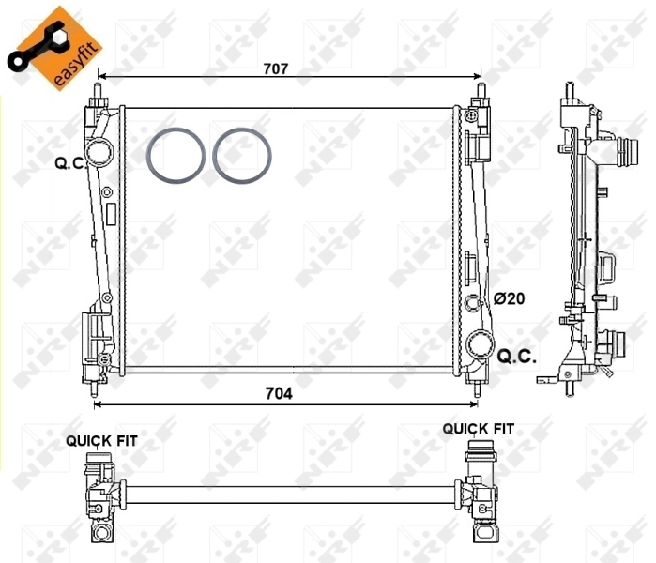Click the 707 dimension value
(275, 68)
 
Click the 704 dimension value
(278, 394)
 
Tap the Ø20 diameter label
(509, 298)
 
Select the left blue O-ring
(176, 155)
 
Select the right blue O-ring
(242, 155)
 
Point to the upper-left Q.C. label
(70, 162)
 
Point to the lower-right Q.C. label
(516, 356)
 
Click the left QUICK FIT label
(99, 439)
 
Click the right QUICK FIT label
(479, 428)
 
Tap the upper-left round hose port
(99, 152)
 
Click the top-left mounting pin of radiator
(97, 94)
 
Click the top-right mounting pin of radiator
(481, 94)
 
